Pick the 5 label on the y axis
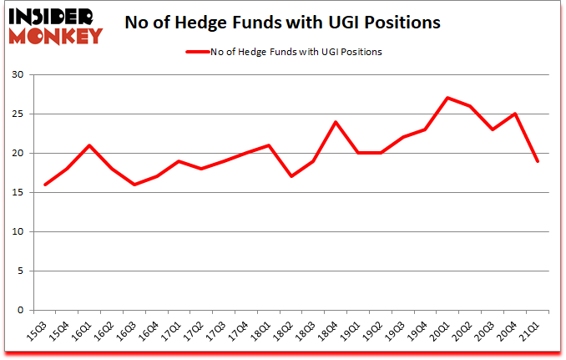point(20,271)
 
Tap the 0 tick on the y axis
point(20,311)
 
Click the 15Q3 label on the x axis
point(37,331)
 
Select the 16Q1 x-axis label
point(80,331)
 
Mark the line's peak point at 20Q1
point(448,98)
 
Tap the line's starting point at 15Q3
point(45,185)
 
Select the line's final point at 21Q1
point(538,161)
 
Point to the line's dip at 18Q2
point(291,176)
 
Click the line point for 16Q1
point(89,145)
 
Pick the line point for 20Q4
point(516,114)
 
